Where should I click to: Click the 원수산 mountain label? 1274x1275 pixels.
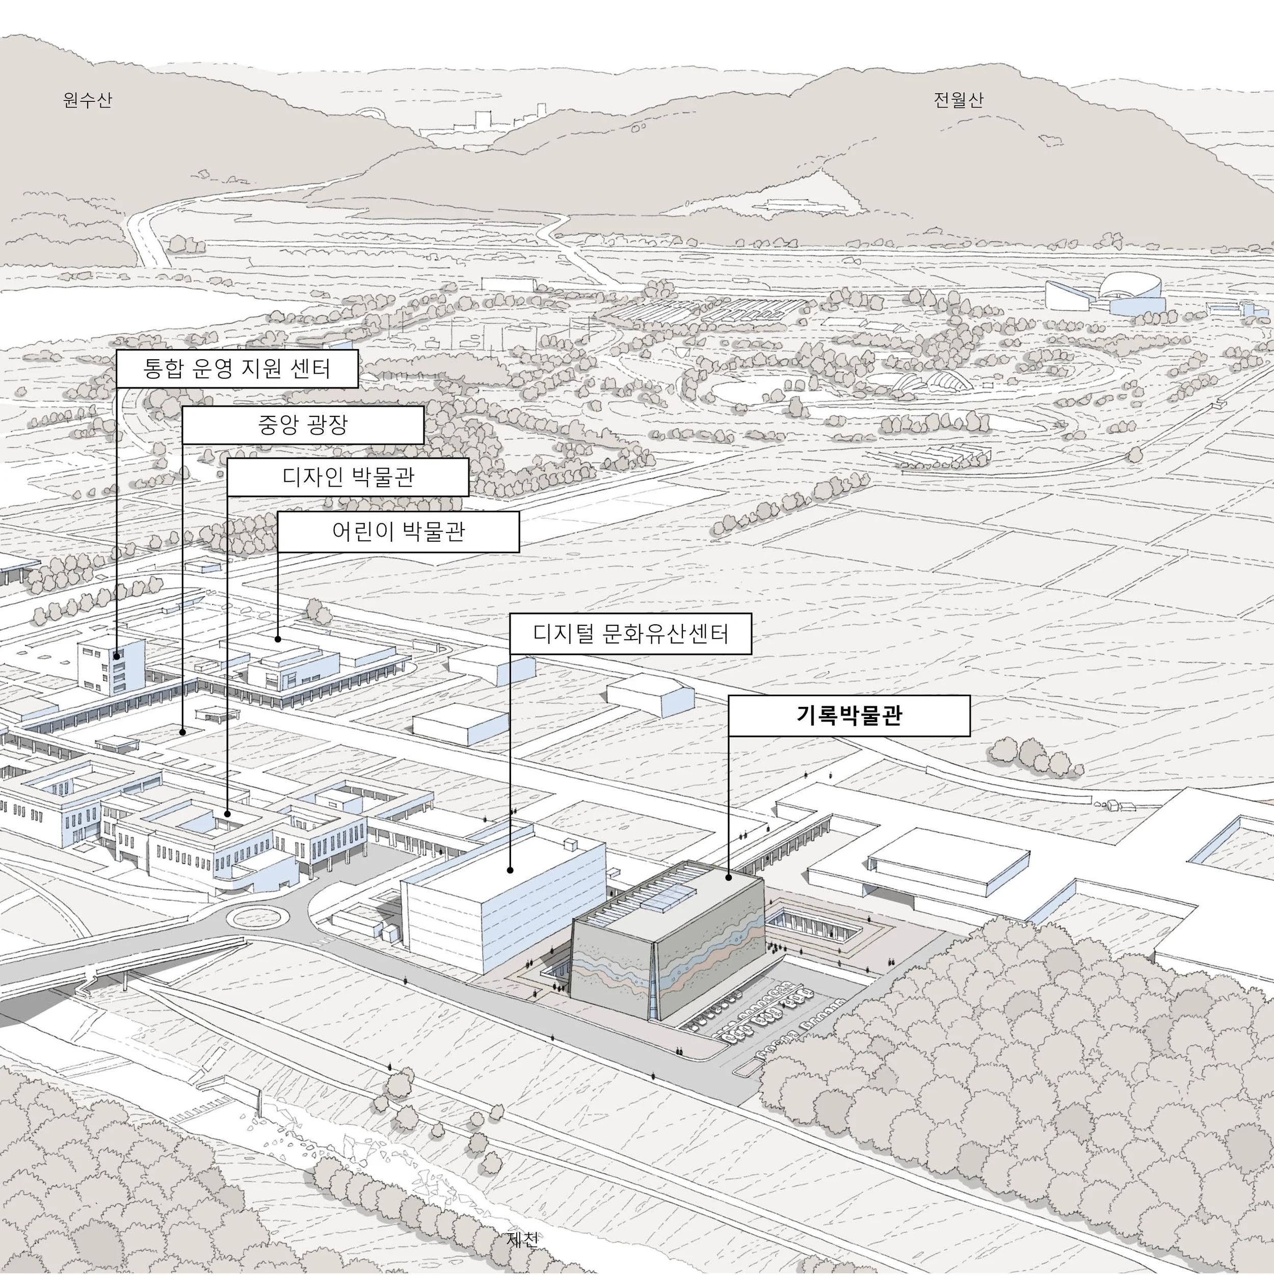tap(88, 100)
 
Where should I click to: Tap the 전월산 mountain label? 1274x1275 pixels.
tap(958, 100)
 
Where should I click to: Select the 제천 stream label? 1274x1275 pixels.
tap(522, 1239)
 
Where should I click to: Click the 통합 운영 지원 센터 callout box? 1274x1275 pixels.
tap(237, 368)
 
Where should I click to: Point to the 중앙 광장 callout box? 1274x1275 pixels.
tap(302, 425)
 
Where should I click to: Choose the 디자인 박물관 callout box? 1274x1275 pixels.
tap(348, 476)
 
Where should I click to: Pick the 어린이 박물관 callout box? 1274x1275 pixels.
tap(398, 531)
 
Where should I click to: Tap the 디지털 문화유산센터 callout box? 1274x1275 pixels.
tap(630, 634)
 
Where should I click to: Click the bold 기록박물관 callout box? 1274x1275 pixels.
tap(849, 715)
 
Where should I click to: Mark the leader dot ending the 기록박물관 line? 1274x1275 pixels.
tap(729, 878)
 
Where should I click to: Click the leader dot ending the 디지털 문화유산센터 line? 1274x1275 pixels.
tap(510, 870)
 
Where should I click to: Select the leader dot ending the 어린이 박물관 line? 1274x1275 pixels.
tap(278, 639)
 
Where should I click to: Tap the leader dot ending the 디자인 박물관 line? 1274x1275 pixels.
tap(228, 814)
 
